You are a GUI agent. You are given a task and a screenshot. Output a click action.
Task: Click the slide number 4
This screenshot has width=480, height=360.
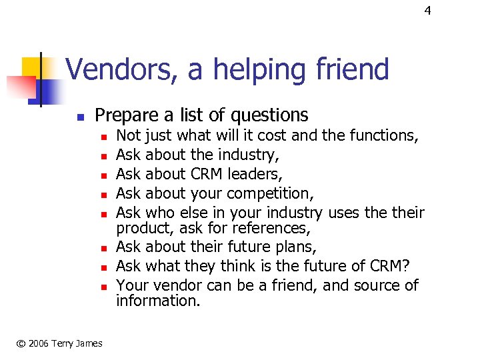(428, 11)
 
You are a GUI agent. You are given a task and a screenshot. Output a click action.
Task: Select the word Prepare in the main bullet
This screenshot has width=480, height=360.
(127, 115)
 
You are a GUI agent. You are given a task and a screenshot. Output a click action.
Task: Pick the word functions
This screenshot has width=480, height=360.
(385, 136)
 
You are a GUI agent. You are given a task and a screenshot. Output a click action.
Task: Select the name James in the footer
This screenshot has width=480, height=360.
(88, 343)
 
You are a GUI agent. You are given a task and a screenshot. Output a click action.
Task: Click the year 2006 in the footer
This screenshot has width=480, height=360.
(37, 343)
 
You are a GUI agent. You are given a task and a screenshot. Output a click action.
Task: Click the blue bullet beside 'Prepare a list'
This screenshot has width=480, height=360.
(79, 117)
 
